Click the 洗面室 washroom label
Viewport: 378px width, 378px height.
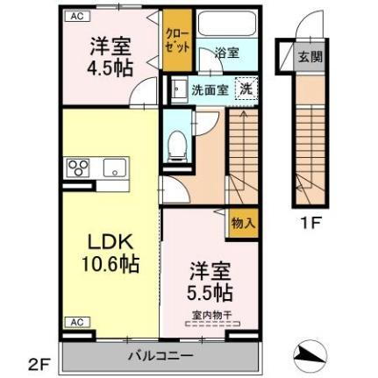[210, 89]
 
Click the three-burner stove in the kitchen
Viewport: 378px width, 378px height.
[76, 168]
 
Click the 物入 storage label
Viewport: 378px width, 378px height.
[242, 224]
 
